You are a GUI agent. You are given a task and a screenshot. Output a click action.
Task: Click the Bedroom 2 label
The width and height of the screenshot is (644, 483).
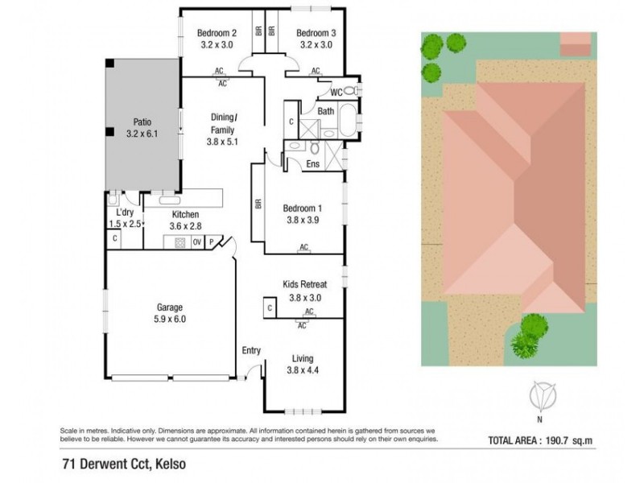(x=217, y=33)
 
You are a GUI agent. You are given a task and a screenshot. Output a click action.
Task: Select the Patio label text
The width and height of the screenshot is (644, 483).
(x=142, y=123)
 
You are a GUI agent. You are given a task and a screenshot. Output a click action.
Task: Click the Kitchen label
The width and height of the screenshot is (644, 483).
(x=187, y=215)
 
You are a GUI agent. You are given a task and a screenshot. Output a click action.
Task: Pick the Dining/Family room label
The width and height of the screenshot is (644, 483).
(x=223, y=123)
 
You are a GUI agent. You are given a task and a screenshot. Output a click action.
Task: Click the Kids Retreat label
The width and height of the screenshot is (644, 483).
(x=303, y=284)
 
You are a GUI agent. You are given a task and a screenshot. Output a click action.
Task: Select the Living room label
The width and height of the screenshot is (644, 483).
(x=303, y=358)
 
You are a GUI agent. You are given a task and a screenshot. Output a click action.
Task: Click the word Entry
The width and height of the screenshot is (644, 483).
(x=252, y=349)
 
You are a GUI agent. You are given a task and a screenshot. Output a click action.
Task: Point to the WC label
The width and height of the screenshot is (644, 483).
(x=336, y=92)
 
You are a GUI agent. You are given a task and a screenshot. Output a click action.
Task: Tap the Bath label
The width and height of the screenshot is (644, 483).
(x=325, y=111)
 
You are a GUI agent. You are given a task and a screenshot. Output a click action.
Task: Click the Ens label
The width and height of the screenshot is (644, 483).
(x=313, y=164)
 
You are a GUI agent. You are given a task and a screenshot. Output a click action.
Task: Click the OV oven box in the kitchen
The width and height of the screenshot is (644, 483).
(x=196, y=241)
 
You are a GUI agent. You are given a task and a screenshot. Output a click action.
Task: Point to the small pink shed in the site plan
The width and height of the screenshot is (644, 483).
(x=574, y=43)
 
